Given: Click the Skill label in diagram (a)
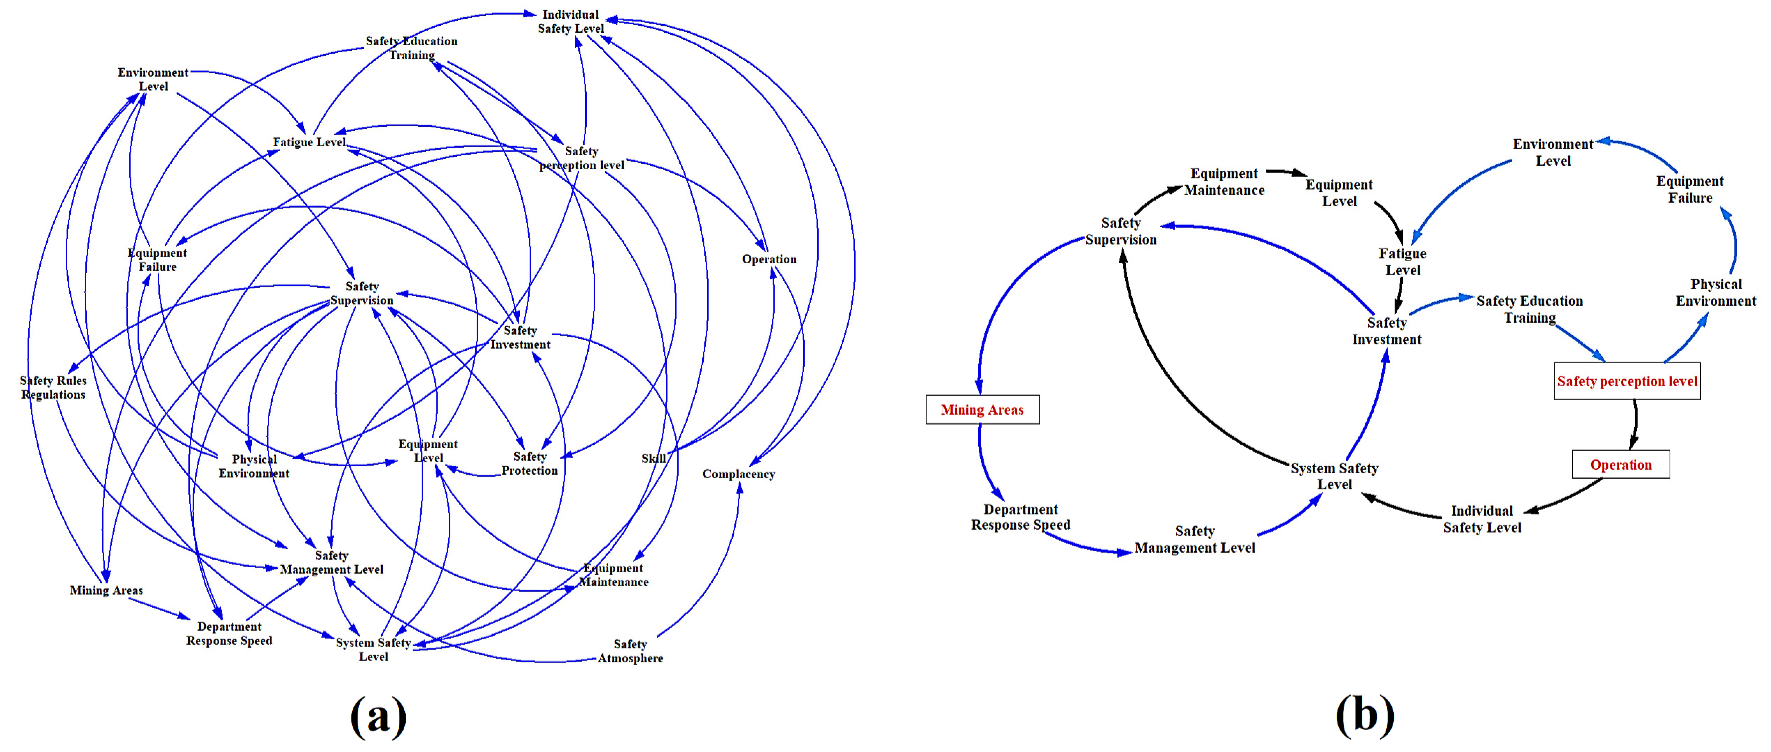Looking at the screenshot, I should [653, 459].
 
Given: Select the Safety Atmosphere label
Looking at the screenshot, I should [630, 651].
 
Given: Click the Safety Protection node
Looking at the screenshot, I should [529, 463].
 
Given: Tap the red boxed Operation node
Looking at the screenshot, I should [1620, 465].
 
